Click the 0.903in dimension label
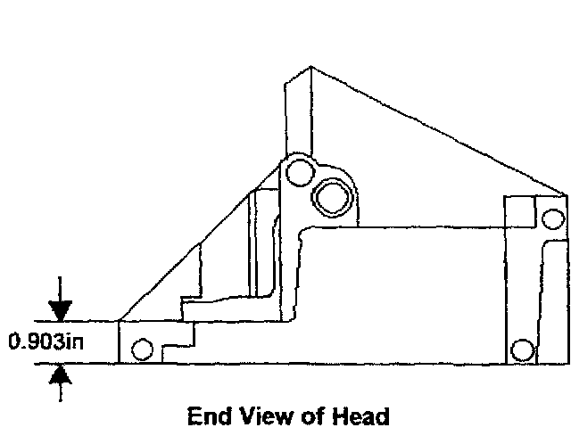coord(45,341)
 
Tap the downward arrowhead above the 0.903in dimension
coord(60,310)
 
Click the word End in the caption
coord(208,415)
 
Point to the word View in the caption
coord(263,415)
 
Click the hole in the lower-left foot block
coord(141,349)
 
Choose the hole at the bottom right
coord(523,348)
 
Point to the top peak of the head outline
coord(310,67)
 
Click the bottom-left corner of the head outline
coord(119,362)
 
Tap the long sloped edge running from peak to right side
coord(437,130)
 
